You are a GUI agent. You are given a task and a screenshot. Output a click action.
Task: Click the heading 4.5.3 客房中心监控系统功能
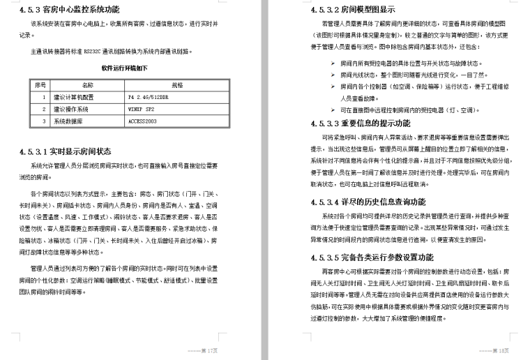pyautogui.click(x=69, y=10)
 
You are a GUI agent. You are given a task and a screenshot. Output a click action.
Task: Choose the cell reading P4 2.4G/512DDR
pyautogui.click(x=146, y=97)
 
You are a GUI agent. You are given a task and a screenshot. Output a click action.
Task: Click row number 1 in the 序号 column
pyautogui.click(x=43, y=97)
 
